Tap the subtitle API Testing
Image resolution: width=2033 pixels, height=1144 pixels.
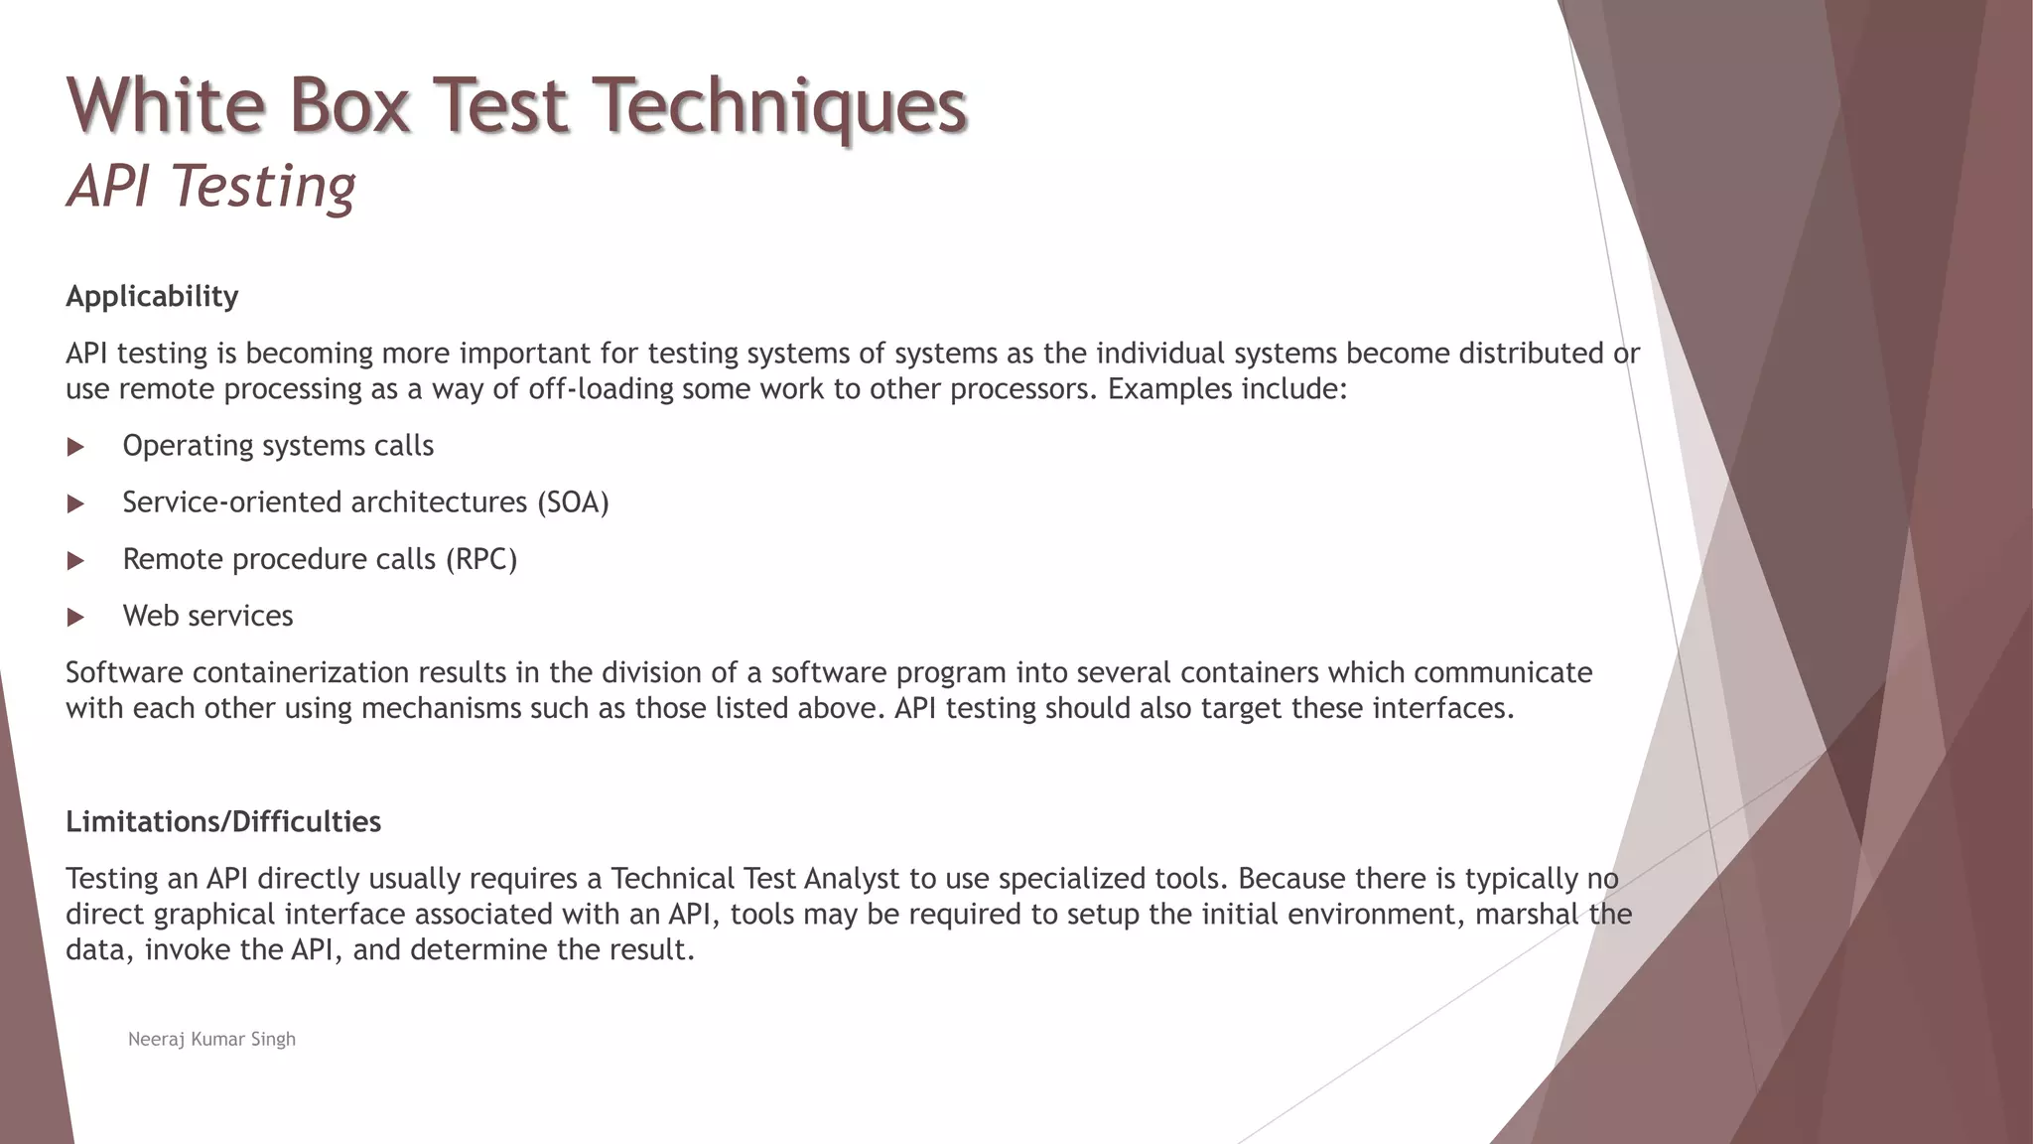[210, 186]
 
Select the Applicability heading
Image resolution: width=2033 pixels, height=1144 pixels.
[152, 296]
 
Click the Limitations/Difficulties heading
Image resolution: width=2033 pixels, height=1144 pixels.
[223, 821]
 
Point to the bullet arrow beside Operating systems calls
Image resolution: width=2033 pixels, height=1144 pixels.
[75, 447]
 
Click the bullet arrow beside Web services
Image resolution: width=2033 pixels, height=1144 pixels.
[75, 618]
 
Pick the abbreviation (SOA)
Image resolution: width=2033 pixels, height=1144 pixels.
[573, 502]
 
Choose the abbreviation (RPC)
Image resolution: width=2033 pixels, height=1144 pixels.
[481, 559]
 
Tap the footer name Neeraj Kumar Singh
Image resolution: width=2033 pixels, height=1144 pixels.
[211, 1039]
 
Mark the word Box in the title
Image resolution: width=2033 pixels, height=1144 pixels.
[349, 105]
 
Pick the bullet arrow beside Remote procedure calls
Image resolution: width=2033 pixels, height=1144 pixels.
[75, 561]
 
